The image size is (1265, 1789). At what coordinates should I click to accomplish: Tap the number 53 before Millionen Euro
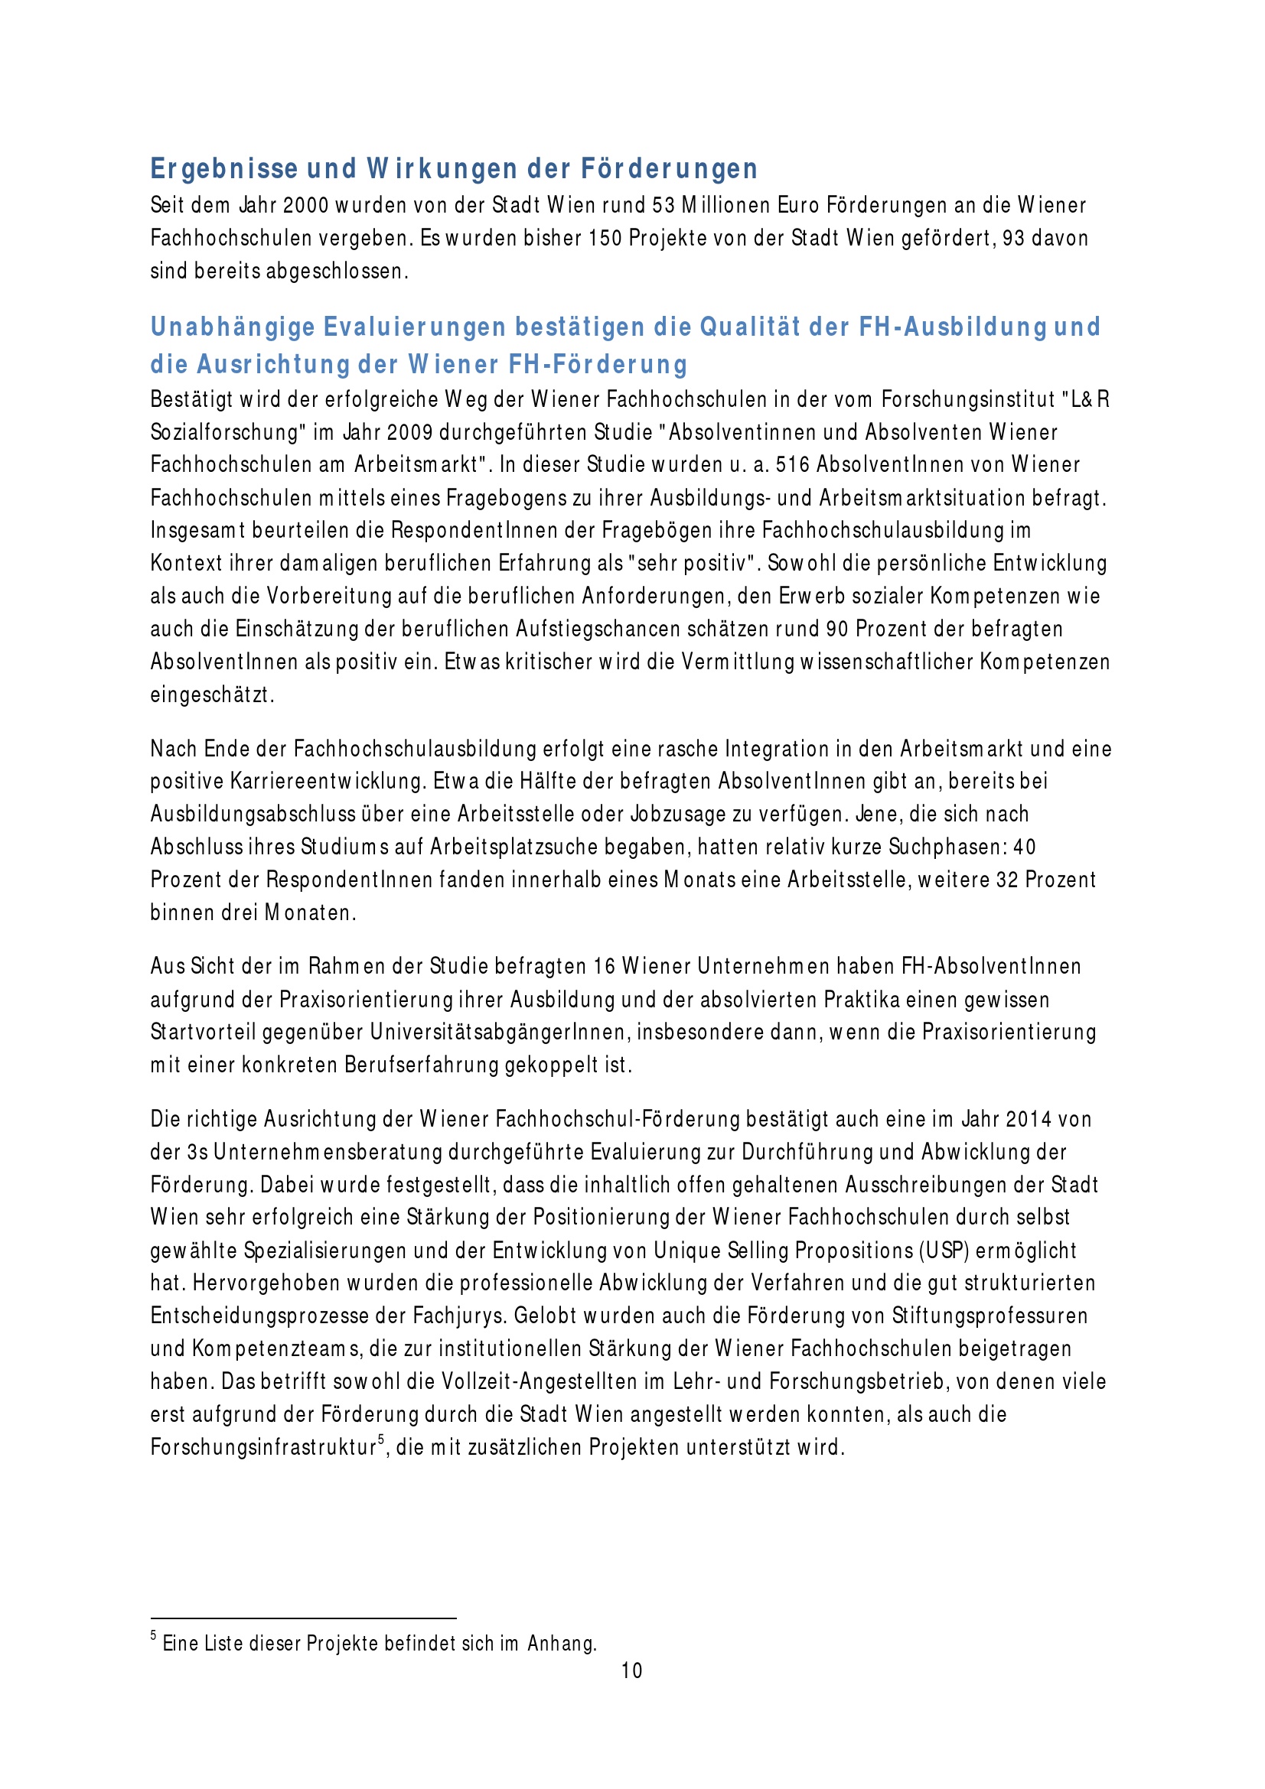click(663, 206)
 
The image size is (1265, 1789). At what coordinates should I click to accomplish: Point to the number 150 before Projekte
click(605, 239)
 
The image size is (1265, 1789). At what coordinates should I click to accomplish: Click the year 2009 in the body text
click(410, 432)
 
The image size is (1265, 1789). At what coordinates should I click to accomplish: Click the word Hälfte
click(556, 782)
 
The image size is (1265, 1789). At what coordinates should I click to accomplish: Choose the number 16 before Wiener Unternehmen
click(604, 967)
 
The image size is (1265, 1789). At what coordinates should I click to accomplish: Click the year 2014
click(1029, 1120)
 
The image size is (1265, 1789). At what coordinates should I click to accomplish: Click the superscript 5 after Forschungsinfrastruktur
click(381, 1440)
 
